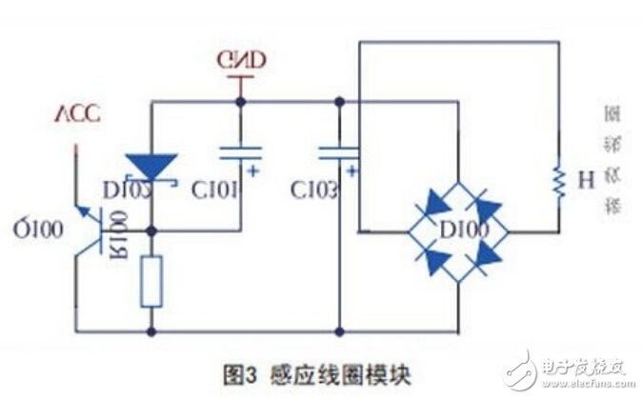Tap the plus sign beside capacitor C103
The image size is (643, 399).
(x=353, y=171)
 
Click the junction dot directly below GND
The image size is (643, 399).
(x=241, y=101)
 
